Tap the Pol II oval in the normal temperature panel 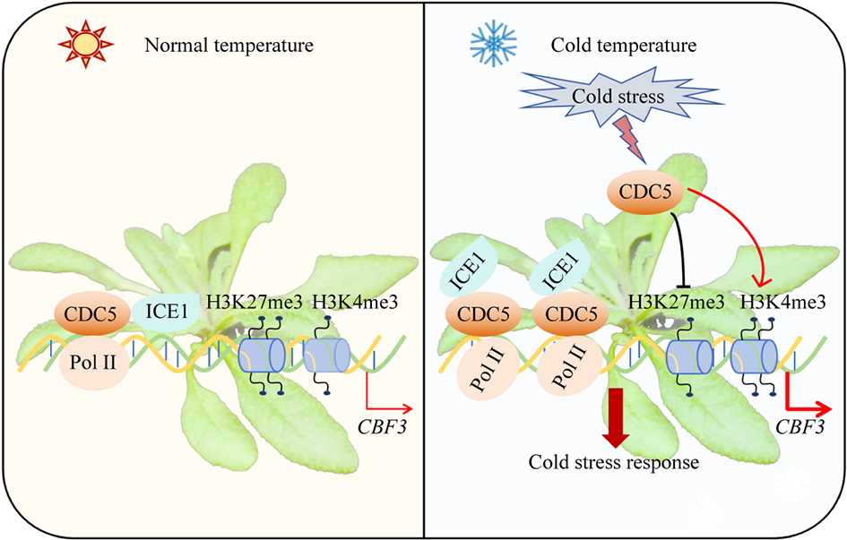click(x=92, y=363)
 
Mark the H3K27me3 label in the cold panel click(x=678, y=302)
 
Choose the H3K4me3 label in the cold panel click(x=783, y=302)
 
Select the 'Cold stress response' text click(x=613, y=462)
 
